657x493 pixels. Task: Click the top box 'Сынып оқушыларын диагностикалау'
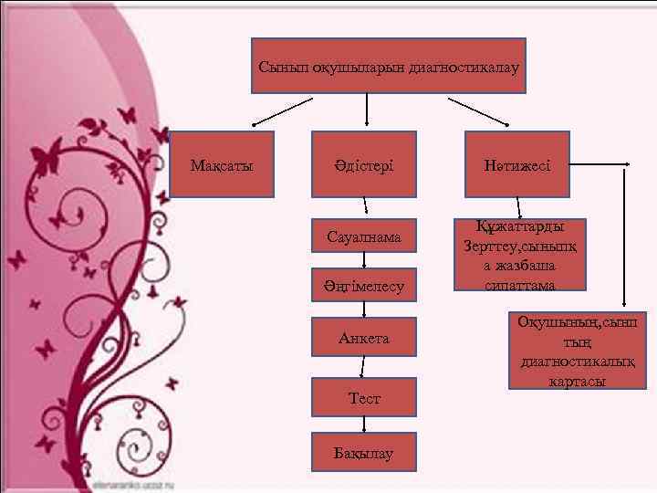pos(389,66)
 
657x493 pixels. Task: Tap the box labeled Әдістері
pos(364,165)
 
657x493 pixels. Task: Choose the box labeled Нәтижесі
pos(517,165)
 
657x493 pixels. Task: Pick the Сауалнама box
pos(364,236)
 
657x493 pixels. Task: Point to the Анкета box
pos(364,337)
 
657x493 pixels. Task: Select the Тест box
pos(364,397)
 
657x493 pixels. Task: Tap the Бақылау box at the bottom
pos(364,452)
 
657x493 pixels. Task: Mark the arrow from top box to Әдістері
pos(367,110)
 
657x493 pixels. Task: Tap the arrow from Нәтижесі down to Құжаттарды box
pos(518,208)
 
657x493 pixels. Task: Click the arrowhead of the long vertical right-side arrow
pos(625,303)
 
